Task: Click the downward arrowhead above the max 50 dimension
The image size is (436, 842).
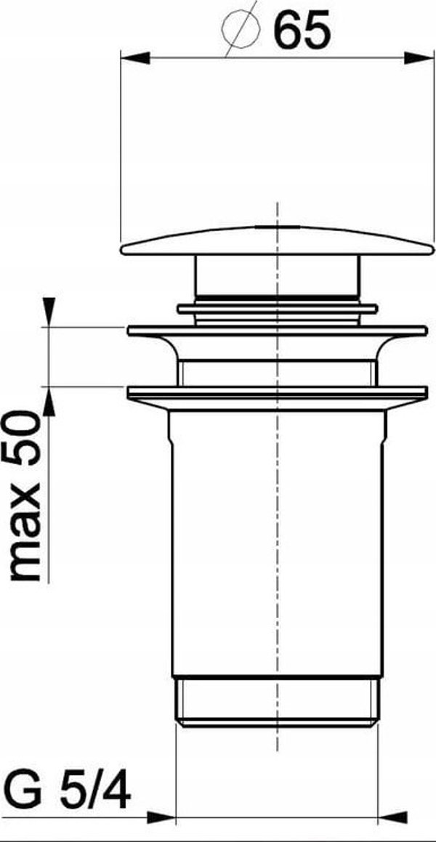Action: (49, 312)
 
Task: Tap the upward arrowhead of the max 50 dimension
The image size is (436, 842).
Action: (49, 400)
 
